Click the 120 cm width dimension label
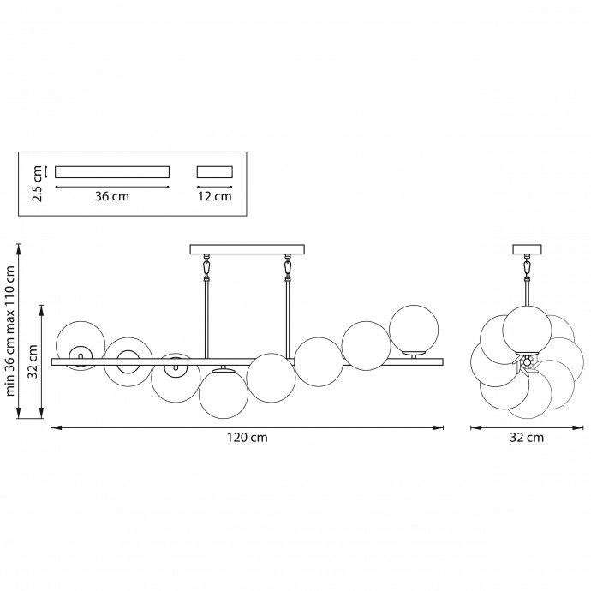[248, 438]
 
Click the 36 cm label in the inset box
[112, 196]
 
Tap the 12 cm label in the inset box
[215, 196]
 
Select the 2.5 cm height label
[38, 183]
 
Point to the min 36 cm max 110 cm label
[9, 331]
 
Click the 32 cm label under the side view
[527, 438]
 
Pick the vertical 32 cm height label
[33, 361]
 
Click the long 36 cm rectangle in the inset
[112, 172]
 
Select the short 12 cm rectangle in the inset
[215, 172]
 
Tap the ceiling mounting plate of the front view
[248, 249]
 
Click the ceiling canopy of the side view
[527, 249]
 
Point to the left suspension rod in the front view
[206, 320]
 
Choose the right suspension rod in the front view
[289, 320]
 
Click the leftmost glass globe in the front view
[81, 346]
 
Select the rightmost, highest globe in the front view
[414, 330]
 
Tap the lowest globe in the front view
[224, 394]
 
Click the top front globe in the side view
[527, 330]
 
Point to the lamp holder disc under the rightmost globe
[414, 354]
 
